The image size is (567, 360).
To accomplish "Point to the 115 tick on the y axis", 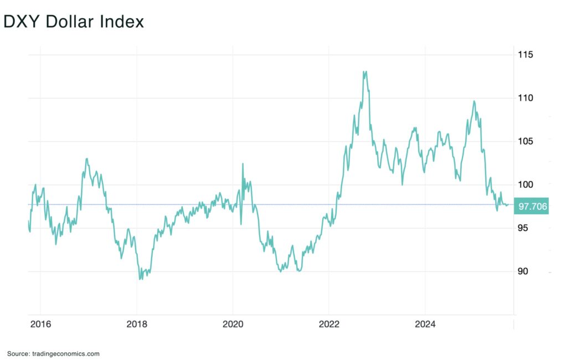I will [x=525, y=55].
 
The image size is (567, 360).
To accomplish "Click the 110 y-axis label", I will [x=525, y=98].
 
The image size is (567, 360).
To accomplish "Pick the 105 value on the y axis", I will [x=525, y=141].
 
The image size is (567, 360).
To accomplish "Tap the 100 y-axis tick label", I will [x=525, y=184].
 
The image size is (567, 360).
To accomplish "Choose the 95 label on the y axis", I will [x=523, y=228].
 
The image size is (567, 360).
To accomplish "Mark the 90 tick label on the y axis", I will [x=523, y=271].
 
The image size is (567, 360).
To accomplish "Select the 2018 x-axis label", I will [x=137, y=323].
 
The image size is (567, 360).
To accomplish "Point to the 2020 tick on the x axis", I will [x=233, y=323].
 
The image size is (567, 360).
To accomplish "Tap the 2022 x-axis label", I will [x=329, y=323].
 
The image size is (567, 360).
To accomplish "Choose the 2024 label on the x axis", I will [x=425, y=323].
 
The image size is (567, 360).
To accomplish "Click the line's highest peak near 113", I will [x=365, y=71].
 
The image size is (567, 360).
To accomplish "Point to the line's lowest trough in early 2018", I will [x=140, y=279].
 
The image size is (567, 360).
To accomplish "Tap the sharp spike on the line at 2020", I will [x=243, y=164].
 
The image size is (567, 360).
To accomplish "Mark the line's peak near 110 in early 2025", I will [x=474, y=101].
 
